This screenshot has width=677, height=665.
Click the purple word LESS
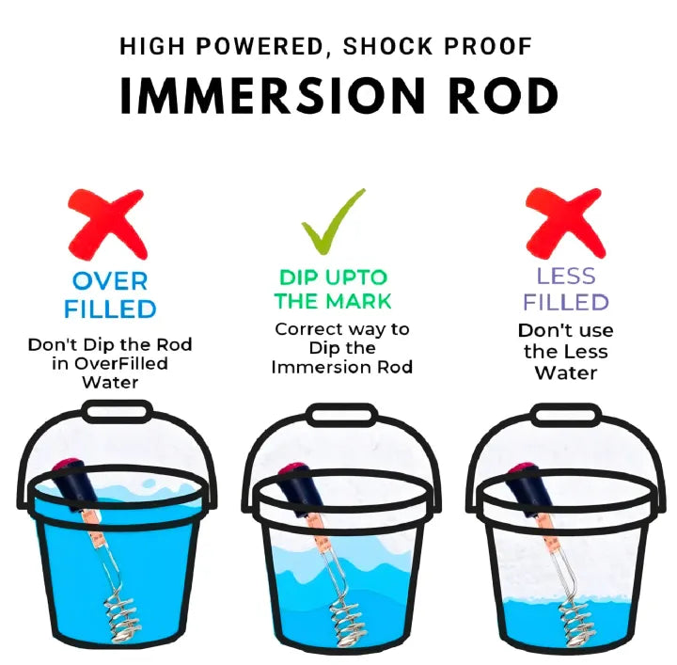(x=566, y=277)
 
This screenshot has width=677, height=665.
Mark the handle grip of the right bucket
(x=565, y=414)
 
